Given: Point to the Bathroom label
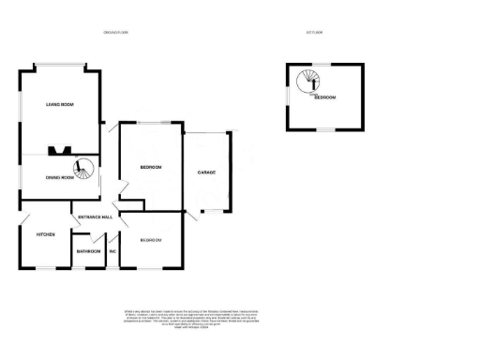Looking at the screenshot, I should [89, 251].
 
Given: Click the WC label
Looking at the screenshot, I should [112, 251].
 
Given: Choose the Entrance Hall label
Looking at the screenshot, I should [97, 217].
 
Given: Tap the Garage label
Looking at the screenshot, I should [207, 173].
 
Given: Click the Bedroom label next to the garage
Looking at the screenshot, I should [151, 168].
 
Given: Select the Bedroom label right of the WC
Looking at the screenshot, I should [151, 241].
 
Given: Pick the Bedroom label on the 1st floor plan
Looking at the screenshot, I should [325, 97].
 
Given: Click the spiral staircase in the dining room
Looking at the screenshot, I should [85, 170].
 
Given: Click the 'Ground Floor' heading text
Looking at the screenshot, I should [116, 33].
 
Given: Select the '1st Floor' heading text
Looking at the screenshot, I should [313, 33].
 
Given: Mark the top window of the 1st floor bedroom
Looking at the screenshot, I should [324, 65].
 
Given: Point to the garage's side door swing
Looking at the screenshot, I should [193, 215].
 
